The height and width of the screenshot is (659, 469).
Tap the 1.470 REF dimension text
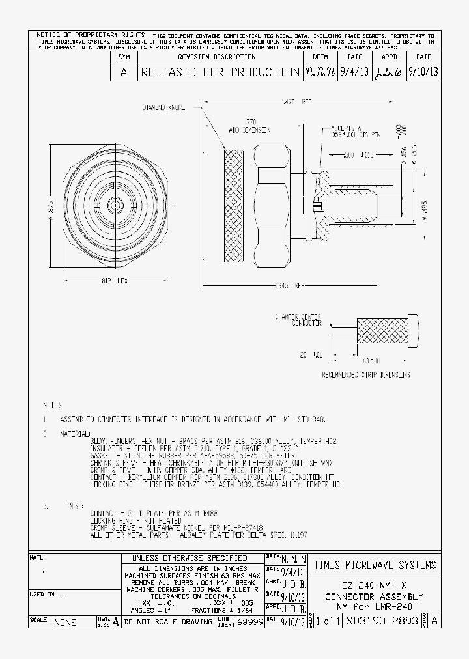pyautogui.click(x=296, y=102)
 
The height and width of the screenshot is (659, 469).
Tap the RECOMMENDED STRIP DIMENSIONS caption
pyautogui.click(x=366, y=374)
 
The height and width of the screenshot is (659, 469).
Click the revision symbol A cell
pyautogui.click(x=124, y=72)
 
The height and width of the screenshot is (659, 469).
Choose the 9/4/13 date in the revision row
pyautogui.click(x=354, y=72)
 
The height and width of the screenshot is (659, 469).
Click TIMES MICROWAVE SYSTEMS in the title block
pyautogui.click(x=374, y=565)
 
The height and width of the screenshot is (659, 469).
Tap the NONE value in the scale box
pyautogui.click(x=64, y=623)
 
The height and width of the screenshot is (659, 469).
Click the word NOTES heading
pyautogui.click(x=52, y=404)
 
